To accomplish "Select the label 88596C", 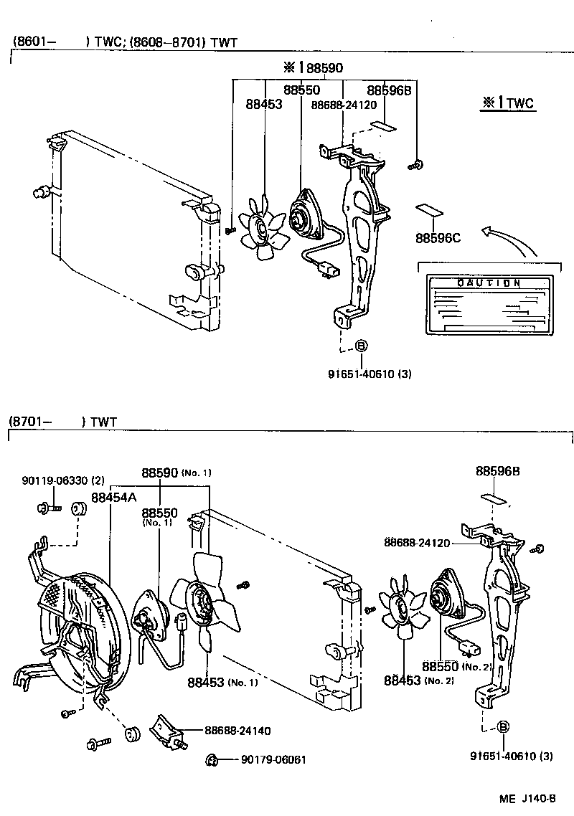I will coord(437,238).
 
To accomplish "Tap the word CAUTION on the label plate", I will coord(489,283).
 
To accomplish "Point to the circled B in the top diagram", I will coord(361,347).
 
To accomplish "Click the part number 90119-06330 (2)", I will coord(63,480).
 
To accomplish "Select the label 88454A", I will coord(114,497).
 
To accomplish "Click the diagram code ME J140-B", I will coord(529,797).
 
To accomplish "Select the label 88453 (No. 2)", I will coord(419,679).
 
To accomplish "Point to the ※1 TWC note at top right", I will coord(507,103).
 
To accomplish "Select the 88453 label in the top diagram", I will coord(263,104).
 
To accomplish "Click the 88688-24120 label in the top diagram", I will coord(344,105).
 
